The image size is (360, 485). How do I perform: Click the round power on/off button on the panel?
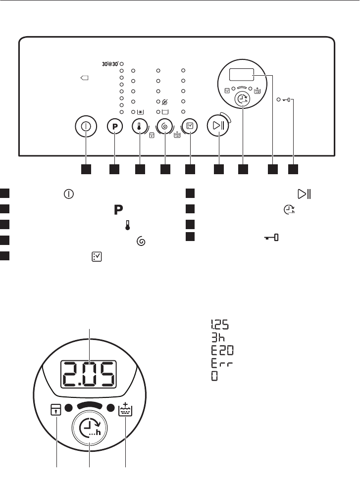86,126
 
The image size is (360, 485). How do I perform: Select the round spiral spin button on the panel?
165,126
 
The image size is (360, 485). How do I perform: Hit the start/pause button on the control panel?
217,126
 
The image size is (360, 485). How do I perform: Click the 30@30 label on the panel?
108,64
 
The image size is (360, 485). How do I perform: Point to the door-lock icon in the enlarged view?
57,410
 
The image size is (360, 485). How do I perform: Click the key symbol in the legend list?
270,239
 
